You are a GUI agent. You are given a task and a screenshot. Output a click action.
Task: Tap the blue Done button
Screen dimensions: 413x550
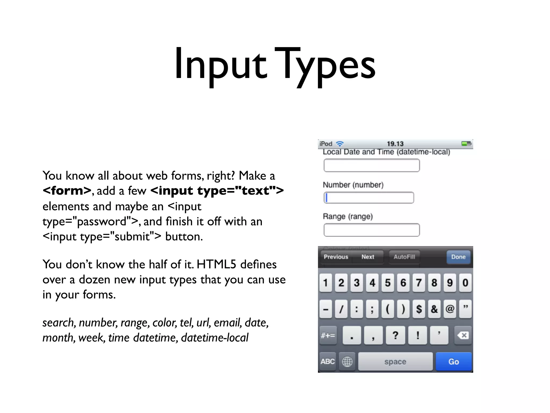tap(458, 257)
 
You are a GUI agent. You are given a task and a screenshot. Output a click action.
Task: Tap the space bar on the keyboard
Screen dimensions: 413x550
tap(395, 362)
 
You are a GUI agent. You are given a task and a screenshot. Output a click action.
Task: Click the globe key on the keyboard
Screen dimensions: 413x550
tap(347, 362)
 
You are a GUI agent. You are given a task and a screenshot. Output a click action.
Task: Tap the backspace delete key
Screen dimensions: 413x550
tap(463, 335)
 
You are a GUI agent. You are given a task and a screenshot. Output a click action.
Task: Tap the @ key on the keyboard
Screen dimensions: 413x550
tap(450, 309)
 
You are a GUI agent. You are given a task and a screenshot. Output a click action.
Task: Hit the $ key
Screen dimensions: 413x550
tap(419, 309)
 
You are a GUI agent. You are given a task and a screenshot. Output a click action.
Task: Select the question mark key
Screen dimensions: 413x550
tap(395, 335)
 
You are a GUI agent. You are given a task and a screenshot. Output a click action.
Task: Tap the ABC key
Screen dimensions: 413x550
tap(327, 362)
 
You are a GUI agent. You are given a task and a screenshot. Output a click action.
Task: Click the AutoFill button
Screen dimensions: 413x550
tap(404, 257)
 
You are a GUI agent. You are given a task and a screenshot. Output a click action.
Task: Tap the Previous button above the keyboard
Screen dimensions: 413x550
tap(336, 257)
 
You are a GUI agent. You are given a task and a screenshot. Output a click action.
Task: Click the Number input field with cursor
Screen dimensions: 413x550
tap(369, 198)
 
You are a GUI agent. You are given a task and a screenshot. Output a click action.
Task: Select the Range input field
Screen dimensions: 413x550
tap(371, 230)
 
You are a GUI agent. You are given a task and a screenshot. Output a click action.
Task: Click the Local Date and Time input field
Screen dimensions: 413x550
tap(371, 165)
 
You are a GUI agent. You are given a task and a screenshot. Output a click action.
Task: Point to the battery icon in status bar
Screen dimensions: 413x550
tap(466, 144)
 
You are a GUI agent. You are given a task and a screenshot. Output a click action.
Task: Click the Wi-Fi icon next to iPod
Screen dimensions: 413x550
tap(340, 144)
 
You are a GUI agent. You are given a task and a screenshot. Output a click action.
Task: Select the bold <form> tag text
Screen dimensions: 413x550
tap(67, 191)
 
